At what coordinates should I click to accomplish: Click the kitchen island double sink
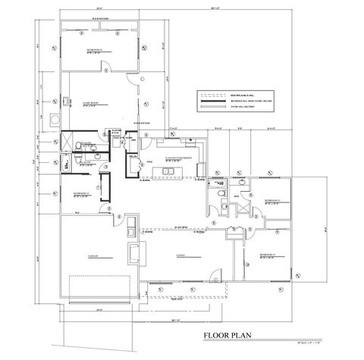[x=169, y=174]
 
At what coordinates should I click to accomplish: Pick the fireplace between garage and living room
[x=133, y=253]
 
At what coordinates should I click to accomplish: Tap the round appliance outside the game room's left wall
[x=54, y=119]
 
